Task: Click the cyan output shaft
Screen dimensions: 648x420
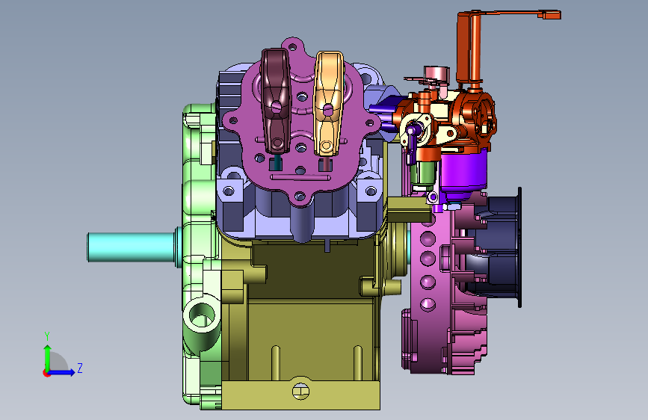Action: [131, 247]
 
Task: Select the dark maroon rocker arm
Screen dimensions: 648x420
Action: [276, 102]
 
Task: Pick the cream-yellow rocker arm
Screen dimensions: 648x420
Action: [329, 103]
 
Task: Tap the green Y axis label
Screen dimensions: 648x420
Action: [47, 336]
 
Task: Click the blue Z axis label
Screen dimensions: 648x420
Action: [80, 368]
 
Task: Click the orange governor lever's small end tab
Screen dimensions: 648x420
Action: [552, 15]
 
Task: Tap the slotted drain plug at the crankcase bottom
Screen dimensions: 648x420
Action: [301, 391]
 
